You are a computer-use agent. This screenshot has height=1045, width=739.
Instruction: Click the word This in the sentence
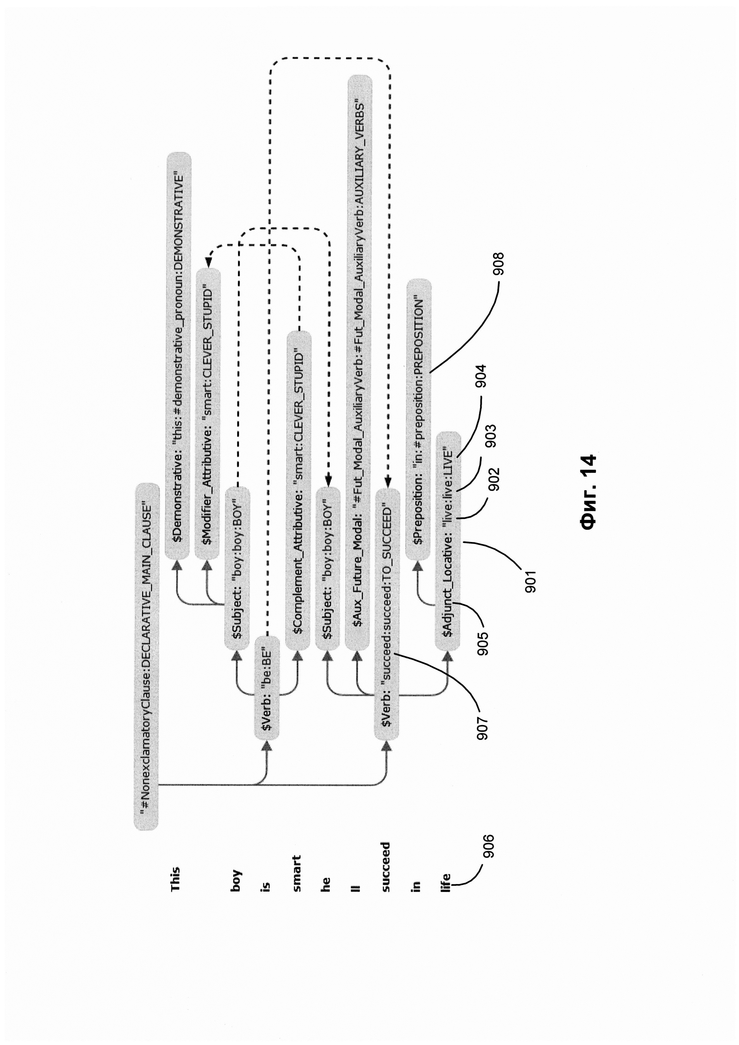175,879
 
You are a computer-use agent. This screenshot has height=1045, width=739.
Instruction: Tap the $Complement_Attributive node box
299,490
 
